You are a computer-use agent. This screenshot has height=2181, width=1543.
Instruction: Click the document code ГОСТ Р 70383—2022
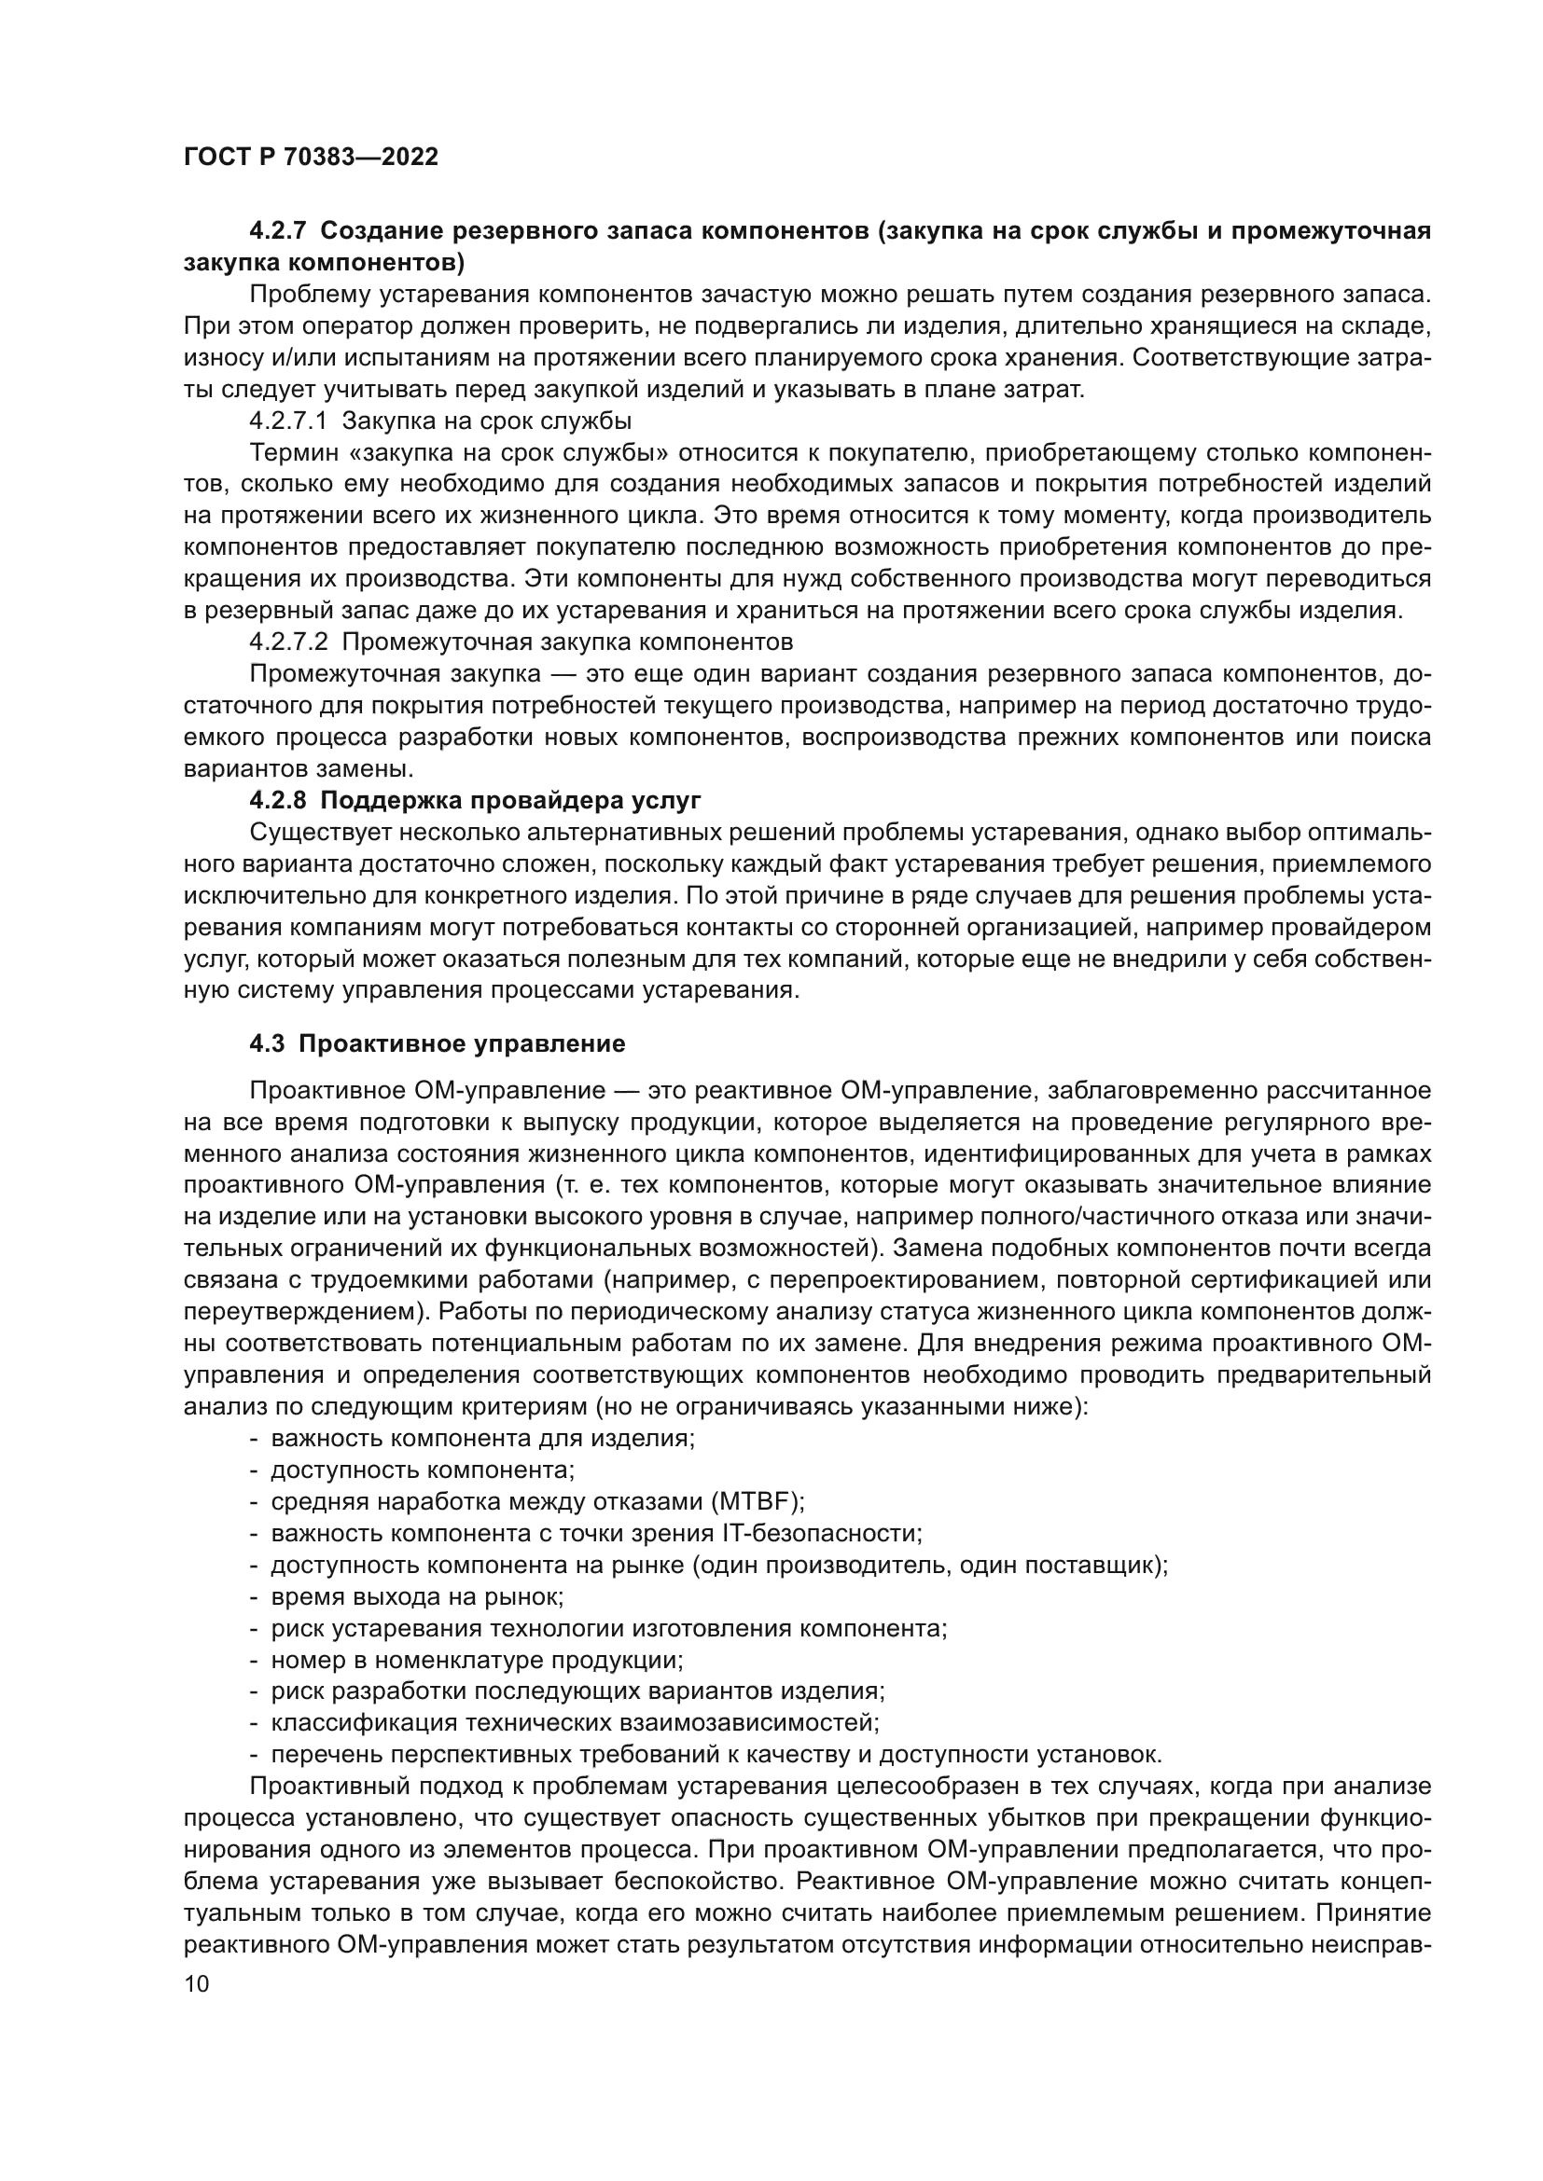pos(311,157)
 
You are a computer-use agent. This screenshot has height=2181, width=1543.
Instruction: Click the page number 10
pos(197,1983)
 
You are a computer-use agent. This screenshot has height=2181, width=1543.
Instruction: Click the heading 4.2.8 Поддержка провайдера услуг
pos(475,800)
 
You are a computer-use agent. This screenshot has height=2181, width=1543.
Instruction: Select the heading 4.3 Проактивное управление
pos(437,1044)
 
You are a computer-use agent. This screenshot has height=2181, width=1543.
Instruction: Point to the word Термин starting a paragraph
pos(287,452)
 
